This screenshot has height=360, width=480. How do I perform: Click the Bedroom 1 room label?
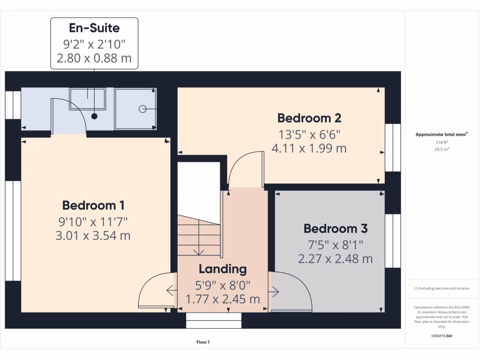tap(93, 205)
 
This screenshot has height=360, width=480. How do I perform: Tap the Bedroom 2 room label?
tap(309, 118)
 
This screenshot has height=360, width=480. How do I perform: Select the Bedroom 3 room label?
tap(335, 229)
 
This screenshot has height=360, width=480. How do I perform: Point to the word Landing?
tap(223, 269)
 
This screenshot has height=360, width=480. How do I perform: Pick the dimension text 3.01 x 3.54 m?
tap(93, 235)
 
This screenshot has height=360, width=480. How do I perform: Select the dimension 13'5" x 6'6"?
tap(309, 135)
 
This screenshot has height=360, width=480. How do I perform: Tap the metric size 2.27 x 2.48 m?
tap(335, 258)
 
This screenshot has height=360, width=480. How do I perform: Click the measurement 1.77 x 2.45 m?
tap(223, 299)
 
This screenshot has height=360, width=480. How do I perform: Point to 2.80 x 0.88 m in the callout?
tap(94, 59)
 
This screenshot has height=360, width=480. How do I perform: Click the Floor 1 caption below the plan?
tap(202, 342)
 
